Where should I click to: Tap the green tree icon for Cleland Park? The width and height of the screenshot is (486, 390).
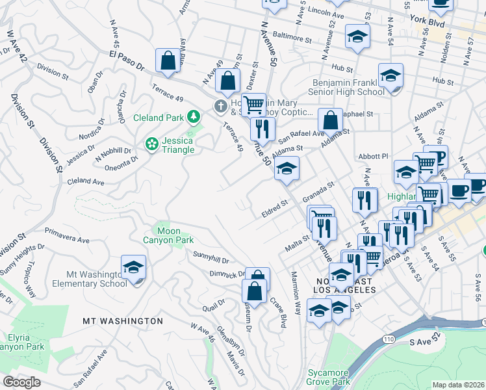click(193, 117)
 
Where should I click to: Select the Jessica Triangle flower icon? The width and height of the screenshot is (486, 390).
click(152, 143)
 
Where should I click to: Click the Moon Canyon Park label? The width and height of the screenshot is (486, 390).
click(168, 235)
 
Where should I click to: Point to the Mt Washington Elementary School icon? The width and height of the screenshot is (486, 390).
click(133, 268)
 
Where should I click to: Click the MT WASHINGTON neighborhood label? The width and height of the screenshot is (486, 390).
click(123, 321)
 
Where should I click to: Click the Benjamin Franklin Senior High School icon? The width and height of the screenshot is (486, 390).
click(390, 76)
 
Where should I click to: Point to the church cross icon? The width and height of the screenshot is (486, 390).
click(221, 105)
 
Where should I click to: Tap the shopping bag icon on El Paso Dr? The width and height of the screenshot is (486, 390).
click(168, 60)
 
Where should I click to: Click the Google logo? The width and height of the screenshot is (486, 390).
click(21, 382)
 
